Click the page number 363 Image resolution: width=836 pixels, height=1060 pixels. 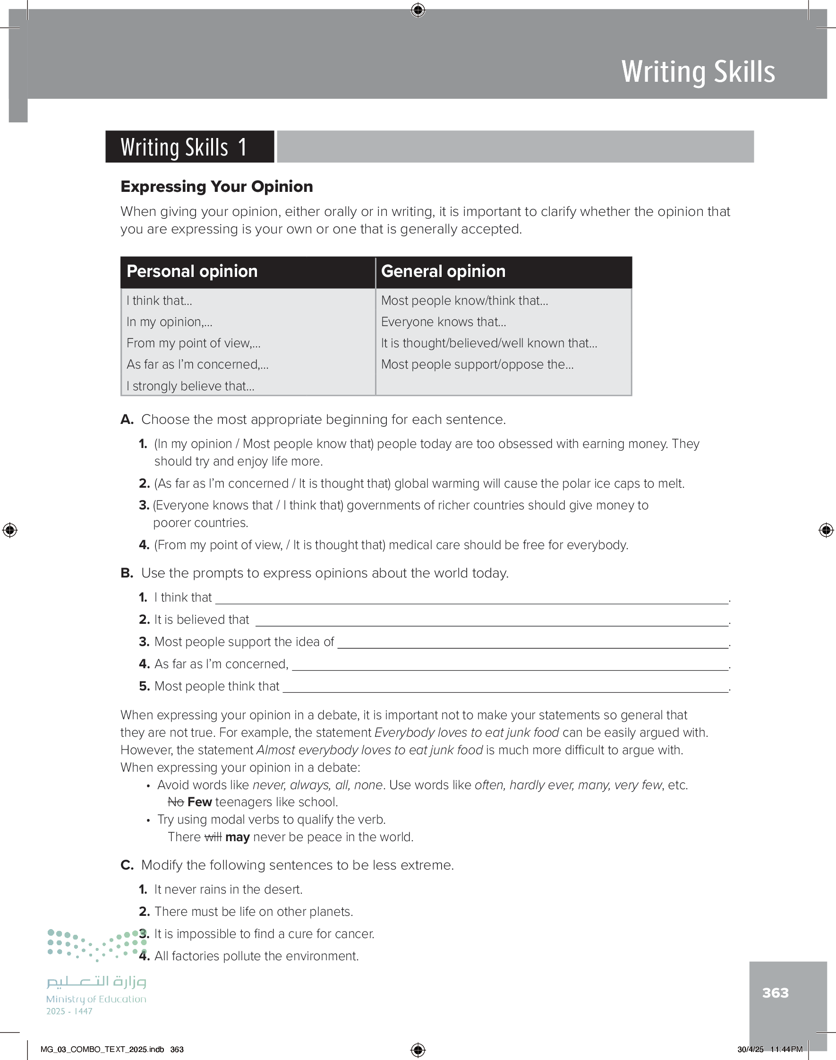775,992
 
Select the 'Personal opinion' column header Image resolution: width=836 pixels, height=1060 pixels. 192,271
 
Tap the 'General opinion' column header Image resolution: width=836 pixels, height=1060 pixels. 443,271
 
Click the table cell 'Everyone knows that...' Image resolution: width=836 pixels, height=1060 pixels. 444,322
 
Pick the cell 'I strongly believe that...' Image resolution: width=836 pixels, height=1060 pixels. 190,386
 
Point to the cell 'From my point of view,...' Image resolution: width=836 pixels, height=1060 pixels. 193,343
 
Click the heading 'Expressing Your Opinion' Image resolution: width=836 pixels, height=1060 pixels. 216,187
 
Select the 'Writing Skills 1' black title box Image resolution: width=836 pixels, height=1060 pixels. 189,147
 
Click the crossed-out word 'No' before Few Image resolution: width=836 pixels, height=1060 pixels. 176,802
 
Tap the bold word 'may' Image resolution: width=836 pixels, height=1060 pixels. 238,837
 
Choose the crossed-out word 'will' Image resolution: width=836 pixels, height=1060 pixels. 213,837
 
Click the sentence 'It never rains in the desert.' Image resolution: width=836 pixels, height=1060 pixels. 228,889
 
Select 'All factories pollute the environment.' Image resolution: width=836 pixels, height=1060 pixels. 256,956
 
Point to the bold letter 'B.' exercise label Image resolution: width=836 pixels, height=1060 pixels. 127,573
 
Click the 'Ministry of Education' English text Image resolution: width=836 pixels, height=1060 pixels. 96,999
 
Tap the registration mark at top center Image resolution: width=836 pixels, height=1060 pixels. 418,10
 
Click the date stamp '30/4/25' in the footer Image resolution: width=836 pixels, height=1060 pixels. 750,1049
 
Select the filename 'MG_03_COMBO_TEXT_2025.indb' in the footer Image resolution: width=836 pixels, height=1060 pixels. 102,1049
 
